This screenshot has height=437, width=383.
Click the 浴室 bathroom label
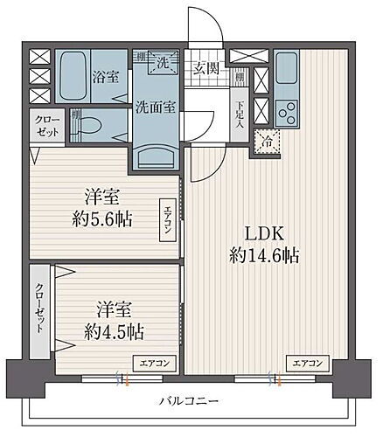(107, 77)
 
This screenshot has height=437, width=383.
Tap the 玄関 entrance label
(206, 68)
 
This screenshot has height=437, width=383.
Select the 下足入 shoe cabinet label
(240, 114)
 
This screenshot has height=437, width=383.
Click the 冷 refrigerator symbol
(264, 140)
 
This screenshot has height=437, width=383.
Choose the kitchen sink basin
(286, 68)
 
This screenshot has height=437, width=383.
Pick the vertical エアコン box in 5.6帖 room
(165, 219)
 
